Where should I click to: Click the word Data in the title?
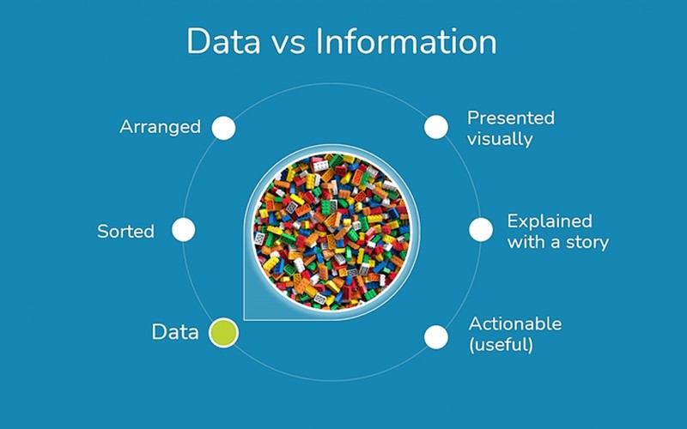pos(223,41)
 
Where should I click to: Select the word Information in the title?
pos(406,41)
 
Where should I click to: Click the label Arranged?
pos(160,127)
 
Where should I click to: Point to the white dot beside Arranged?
pos(223,128)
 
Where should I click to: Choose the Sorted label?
pos(125,231)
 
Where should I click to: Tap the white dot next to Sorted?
pos(184,230)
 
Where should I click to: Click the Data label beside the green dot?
pos(175,332)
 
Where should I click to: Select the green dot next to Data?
pos(223,333)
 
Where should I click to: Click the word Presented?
pos(511,118)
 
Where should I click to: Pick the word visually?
pos(500,139)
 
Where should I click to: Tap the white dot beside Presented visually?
pos(436,127)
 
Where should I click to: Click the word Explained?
pos(550,221)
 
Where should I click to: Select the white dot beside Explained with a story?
pos(481,229)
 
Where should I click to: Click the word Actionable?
pos(515,324)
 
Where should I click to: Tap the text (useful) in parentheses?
pos(501,345)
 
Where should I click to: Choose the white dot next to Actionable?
pos(436,337)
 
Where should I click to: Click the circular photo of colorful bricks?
pos(331,232)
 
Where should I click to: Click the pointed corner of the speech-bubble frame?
pos(245,320)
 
